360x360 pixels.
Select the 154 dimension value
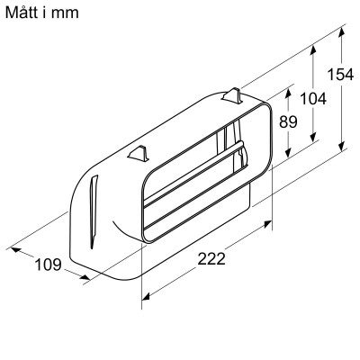340,75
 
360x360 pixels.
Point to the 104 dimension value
312,100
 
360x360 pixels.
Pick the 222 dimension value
211,259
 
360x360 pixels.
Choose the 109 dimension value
48,264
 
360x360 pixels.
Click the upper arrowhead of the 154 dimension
344,30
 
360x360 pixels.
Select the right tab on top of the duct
233,94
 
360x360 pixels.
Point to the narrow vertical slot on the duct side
94,213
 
